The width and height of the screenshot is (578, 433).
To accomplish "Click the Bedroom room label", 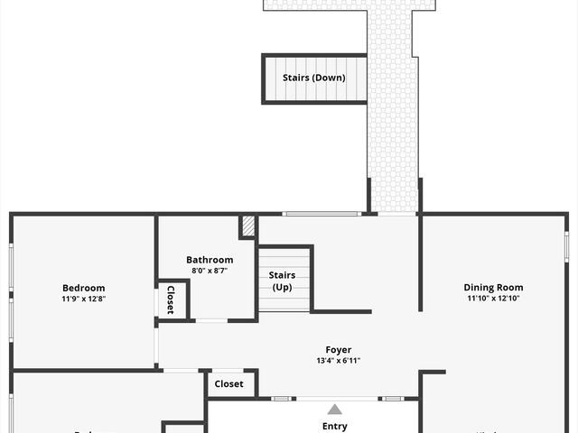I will pos(83,288).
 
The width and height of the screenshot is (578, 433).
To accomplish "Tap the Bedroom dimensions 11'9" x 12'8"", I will pos(83,299).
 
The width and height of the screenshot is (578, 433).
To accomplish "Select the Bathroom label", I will pos(210,260).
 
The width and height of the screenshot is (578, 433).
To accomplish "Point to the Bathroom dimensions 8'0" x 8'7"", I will pos(210,271).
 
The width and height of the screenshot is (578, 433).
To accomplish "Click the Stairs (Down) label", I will pos(313,78).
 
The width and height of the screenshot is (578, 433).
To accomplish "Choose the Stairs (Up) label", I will pos(284,281).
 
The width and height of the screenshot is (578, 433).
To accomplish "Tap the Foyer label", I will pos(339,349).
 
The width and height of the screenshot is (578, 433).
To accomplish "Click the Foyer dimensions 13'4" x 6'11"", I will pos(339,361).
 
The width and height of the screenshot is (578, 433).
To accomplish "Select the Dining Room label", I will pos(493,288).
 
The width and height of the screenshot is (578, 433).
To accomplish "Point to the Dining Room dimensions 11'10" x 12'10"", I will pos(493,299).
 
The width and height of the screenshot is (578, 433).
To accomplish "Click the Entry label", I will pos(334,427).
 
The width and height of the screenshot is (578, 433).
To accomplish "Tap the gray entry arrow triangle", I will pos(334,410).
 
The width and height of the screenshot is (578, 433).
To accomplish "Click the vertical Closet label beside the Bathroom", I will pos(170,299).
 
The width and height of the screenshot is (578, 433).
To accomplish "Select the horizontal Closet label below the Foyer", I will pos(228,383).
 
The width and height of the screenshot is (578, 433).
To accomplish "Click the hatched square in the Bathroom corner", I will pos(248,226).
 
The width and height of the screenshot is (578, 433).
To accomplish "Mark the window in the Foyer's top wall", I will pos(322,214).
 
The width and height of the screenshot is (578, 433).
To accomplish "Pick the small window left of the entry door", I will pos(282,398).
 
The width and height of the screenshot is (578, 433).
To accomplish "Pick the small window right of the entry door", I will pos(393,398).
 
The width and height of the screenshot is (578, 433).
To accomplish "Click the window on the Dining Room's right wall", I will pos(567,245).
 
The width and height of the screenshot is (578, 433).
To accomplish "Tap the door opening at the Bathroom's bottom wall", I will pos(211,320).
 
